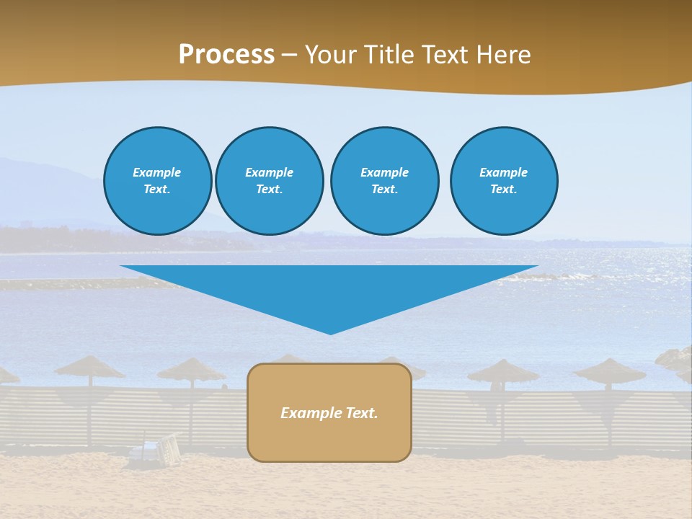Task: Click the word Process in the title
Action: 226,55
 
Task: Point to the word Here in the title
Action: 504,55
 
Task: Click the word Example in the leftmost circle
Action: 156,172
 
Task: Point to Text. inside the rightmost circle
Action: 503,190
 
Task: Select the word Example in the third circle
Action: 384,172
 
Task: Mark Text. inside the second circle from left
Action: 269,190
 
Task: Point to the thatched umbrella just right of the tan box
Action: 502,372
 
